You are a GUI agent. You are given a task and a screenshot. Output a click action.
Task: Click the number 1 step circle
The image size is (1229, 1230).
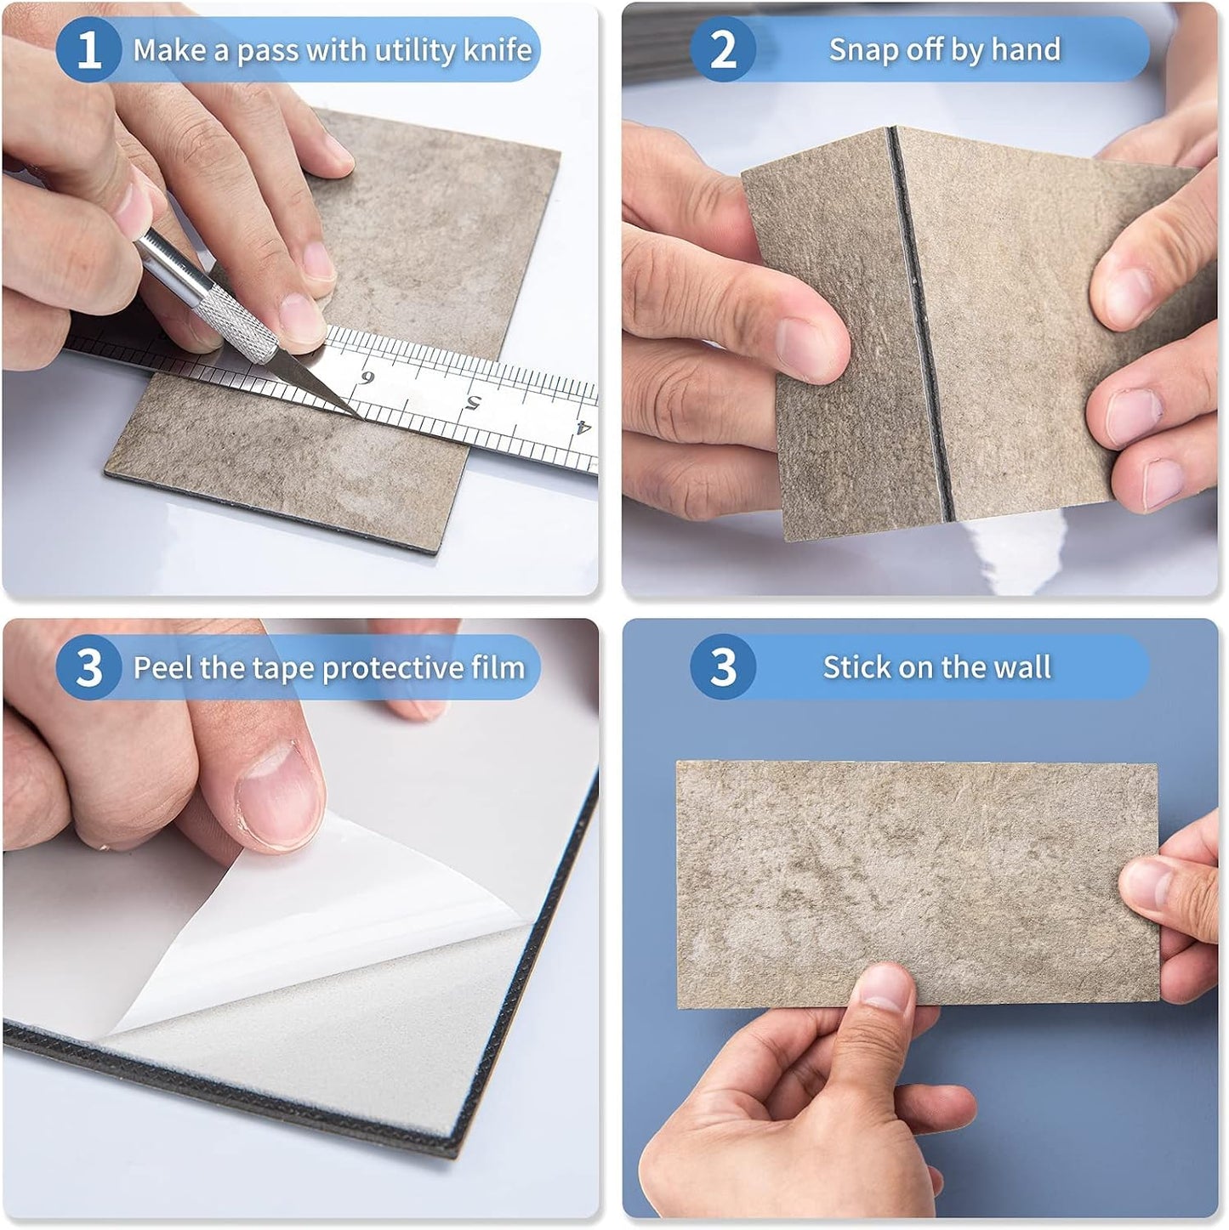[88, 50]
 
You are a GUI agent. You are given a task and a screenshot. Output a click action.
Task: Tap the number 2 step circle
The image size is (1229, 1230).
[722, 50]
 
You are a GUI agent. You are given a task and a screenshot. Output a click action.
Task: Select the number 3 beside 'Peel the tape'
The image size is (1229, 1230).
[88, 667]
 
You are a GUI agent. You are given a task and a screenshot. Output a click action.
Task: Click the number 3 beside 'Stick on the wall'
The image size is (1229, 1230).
[722, 667]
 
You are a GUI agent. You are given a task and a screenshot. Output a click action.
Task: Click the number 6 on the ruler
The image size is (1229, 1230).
[367, 378]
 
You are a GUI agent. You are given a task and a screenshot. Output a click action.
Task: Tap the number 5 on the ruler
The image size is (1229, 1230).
[473, 402]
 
